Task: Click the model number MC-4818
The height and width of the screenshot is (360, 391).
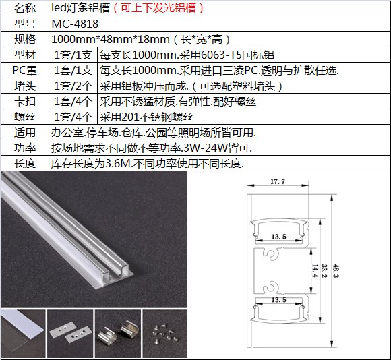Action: [75, 24]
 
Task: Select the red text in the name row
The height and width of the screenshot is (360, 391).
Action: [158, 8]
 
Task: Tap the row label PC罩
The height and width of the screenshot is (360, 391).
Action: [24, 71]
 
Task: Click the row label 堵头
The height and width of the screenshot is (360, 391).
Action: [25, 86]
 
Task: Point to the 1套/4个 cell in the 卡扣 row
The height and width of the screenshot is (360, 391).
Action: [73, 102]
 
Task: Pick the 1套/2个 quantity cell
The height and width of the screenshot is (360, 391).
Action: [73, 86]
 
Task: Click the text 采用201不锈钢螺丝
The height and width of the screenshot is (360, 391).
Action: [146, 117]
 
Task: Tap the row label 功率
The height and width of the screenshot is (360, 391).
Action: [25, 148]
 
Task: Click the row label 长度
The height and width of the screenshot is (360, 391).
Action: [25, 164]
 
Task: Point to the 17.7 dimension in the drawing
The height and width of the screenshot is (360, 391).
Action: [278, 181]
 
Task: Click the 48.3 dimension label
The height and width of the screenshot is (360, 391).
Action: [336, 271]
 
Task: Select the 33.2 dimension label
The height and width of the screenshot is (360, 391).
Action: [324, 271]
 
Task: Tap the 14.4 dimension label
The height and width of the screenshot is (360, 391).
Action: [315, 271]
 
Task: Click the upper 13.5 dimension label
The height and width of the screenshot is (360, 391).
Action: [279, 237]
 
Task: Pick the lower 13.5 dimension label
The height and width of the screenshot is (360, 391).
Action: [279, 300]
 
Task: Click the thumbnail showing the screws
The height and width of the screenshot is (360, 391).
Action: [165, 334]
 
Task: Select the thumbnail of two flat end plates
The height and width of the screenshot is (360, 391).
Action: [70, 334]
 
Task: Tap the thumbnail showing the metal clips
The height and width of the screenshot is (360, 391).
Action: [118, 334]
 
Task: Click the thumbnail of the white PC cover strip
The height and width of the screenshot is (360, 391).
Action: [23, 334]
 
